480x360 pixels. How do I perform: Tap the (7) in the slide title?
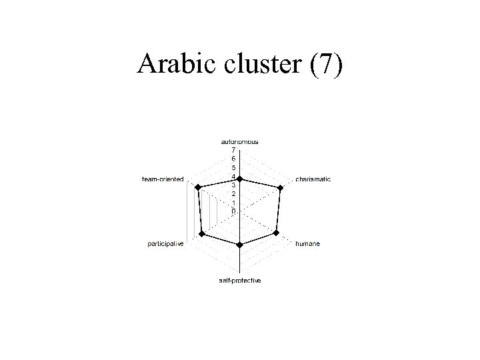pos(327,65)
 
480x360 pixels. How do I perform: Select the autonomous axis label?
pos(240,142)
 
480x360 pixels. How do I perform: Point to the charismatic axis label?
pos(313,179)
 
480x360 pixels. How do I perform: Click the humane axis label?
pos(307,244)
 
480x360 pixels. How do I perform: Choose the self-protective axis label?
pos(240,281)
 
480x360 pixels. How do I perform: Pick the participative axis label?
pos(165,244)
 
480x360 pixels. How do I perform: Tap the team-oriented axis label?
pos(163,179)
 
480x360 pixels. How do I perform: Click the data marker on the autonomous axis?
pos(240,179)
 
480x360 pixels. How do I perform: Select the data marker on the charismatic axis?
pos(281,190)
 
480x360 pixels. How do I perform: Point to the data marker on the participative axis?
pos(202,233)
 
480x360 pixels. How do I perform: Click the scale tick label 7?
pos(233,150)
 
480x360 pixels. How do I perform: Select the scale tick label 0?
pos(233,211)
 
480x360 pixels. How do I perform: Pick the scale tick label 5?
pos(233,167)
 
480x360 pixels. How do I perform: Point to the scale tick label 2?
pos(233,193)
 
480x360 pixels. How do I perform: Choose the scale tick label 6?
pos(233,159)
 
